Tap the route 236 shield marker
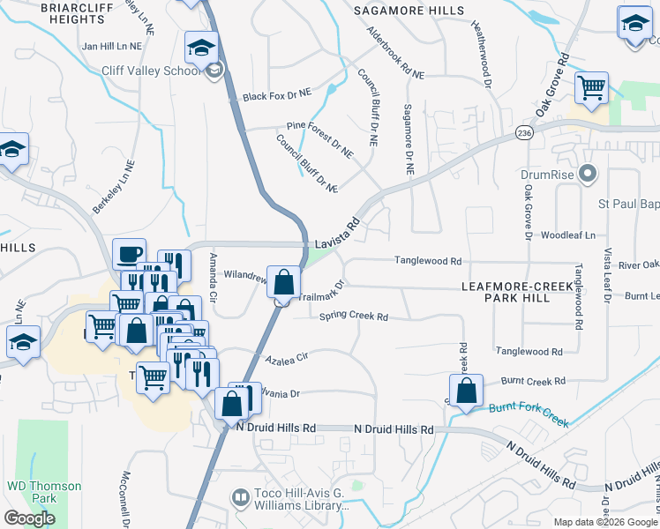(525, 132)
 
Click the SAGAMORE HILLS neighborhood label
(409, 11)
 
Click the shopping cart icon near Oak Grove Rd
(591, 87)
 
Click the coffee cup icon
(130, 253)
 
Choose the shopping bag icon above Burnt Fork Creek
(467, 390)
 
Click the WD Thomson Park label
(44, 492)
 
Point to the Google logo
(29, 518)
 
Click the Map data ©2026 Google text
(605, 522)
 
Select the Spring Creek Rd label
(354, 316)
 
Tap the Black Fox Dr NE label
(278, 94)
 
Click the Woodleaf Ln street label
(568, 235)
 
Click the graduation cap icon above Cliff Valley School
(201, 47)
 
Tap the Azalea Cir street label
(286, 357)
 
